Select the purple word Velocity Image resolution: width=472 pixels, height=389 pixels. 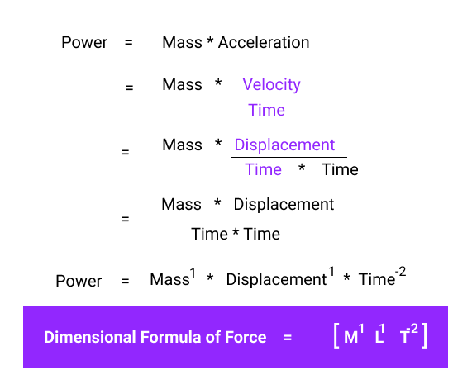(x=271, y=85)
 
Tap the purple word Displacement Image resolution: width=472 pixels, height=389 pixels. (x=284, y=145)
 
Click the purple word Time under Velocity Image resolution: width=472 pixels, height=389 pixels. (x=266, y=111)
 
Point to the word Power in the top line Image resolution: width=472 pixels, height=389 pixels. (x=84, y=42)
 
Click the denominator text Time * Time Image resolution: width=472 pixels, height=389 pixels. (x=236, y=234)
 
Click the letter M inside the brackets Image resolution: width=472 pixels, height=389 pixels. (x=351, y=338)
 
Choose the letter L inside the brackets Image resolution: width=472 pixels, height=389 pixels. (x=379, y=338)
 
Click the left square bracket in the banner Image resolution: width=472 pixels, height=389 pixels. (x=336, y=337)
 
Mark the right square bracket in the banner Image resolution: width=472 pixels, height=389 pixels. (x=424, y=337)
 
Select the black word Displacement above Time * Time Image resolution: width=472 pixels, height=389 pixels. (x=284, y=205)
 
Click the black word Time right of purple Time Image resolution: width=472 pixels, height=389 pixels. (x=340, y=170)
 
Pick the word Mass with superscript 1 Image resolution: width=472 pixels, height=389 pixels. (x=169, y=280)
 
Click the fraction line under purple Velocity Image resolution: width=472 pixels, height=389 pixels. (x=266, y=97)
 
